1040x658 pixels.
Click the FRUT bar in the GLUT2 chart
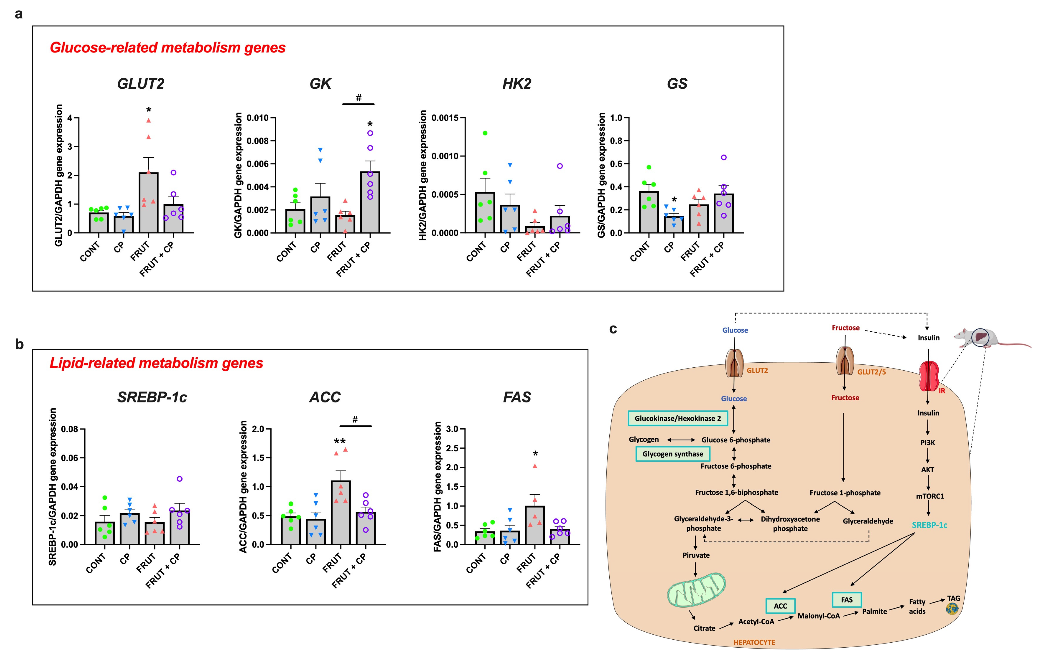click(148, 203)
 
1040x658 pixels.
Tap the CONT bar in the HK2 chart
click(485, 213)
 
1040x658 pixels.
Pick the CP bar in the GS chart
click(674, 224)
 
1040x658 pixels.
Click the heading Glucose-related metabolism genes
click(168, 47)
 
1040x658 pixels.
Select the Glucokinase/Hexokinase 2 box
click(677, 418)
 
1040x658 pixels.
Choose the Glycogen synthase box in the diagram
click(672, 454)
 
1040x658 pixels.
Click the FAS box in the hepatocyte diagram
click(846, 600)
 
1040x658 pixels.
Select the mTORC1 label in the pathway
click(930, 496)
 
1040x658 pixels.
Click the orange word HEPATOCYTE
click(754, 642)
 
